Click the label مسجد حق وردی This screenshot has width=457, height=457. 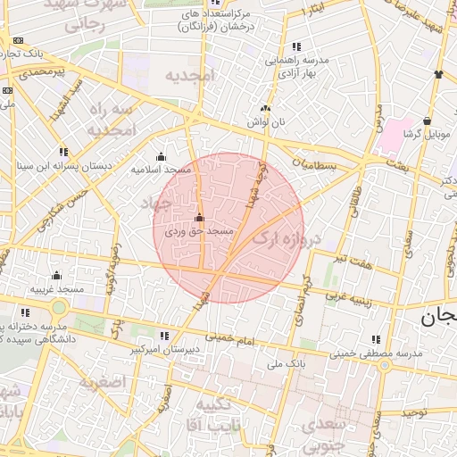tap(199, 231)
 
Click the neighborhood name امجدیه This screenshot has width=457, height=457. tap(190, 77)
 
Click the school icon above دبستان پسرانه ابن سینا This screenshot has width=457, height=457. tap(62, 152)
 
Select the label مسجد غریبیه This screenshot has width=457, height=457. tap(57, 289)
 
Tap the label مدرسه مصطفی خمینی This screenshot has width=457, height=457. tap(375, 353)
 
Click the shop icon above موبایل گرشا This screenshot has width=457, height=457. tap(428, 121)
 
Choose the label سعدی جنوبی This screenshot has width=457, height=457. tap(325, 432)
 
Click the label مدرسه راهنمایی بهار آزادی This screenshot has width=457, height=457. tap(296, 65)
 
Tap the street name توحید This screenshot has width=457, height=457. tap(413, 413)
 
